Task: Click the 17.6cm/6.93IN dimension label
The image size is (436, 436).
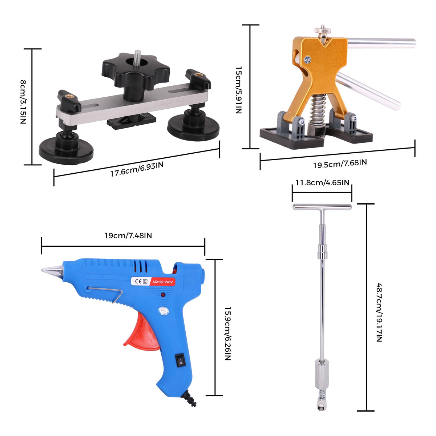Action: pos(137,169)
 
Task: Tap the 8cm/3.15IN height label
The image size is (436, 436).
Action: pos(23,102)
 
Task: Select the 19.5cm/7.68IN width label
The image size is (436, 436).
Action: pos(340,163)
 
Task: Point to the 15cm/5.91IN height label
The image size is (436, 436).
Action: pos(239,90)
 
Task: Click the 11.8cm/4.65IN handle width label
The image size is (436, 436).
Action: pos(322,183)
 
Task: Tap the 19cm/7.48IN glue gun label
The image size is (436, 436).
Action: pos(128,235)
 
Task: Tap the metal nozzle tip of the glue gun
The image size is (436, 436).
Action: pos(52,271)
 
